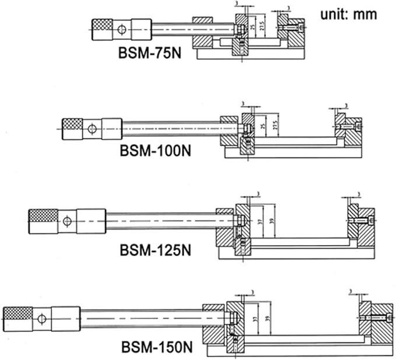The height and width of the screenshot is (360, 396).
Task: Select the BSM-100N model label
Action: point(156,151)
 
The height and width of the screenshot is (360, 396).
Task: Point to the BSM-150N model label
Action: point(156,348)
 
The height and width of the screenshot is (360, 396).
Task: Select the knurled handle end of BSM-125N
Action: point(43,221)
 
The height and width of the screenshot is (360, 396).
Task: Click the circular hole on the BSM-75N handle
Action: point(121,29)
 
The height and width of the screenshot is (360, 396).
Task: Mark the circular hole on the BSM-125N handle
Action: point(68,221)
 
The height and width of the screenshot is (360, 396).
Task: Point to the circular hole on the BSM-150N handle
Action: point(41,319)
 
